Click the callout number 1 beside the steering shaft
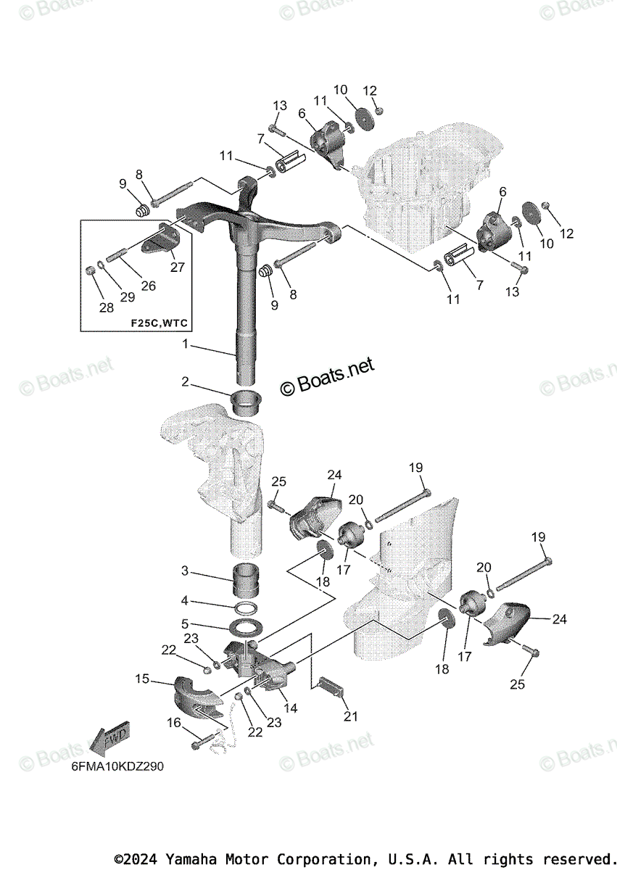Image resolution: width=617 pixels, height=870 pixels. coord(186,344)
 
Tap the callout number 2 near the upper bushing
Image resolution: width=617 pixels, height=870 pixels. coord(186,381)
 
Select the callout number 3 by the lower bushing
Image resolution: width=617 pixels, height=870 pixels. coord(186,571)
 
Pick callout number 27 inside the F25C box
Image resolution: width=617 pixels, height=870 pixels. coord(177,267)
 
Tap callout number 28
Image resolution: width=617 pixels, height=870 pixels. coord(107,307)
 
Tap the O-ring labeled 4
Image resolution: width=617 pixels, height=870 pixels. coord(247,606)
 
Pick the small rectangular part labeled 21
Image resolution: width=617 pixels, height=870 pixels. coord(330,685)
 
